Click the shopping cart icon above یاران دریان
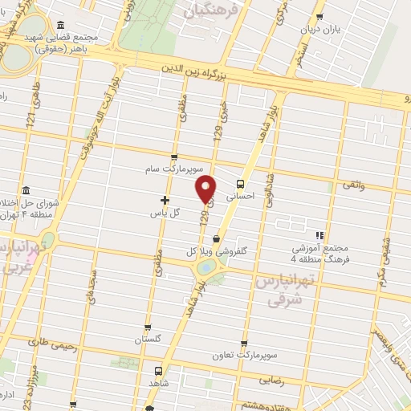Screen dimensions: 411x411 pos(319,16)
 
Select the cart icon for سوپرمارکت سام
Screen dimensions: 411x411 pos(174,157)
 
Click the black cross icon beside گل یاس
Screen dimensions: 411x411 pos(165,200)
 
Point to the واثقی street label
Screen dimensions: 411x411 pos(354,186)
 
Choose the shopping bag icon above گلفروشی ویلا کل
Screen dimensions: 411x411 pos(216,238)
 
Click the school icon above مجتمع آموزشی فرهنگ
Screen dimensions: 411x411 pos(319,235)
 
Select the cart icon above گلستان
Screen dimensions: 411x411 pos(147,328)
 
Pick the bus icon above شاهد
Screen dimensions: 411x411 pos(157,372)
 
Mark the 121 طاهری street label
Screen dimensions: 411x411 pos(32,110)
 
